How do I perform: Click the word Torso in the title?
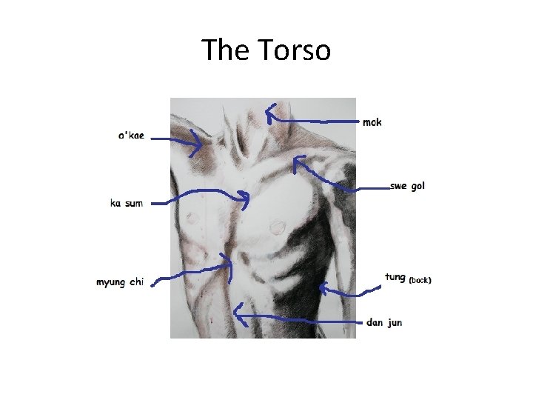point(295,50)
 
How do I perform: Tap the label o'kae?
point(132,136)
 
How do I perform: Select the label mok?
point(372,122)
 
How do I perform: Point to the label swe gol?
point(408,186)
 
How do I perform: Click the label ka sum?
point(127,203)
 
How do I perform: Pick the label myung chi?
point(120,281)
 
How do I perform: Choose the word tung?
point(395,277)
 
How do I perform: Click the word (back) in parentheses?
point(420,280)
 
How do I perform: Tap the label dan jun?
point(384,323)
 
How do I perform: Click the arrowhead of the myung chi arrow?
point(228,261)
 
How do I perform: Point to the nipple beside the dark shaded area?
point(278,224)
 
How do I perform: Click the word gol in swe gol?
point(418,186)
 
